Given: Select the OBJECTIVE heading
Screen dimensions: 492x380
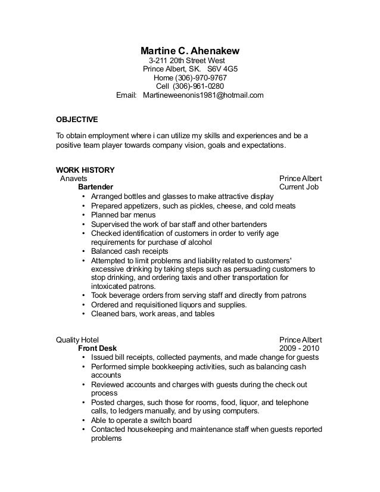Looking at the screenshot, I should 77,119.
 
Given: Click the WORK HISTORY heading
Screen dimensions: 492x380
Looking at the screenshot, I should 85,170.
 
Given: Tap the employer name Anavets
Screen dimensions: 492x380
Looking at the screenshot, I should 74,178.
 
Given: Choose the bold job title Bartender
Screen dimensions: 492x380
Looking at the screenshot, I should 95,186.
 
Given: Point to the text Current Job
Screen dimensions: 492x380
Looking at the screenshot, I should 299,186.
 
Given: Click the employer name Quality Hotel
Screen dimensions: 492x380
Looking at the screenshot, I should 77,340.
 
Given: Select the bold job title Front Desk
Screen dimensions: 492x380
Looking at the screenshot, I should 98,348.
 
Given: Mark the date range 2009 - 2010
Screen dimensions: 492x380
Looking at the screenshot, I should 299,348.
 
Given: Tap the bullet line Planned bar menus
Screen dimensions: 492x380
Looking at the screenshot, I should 123,214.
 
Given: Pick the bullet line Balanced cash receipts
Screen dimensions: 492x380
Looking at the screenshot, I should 129,251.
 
